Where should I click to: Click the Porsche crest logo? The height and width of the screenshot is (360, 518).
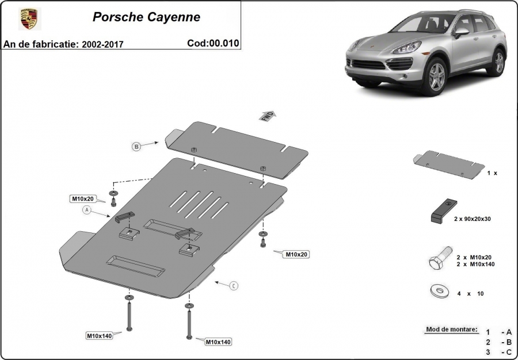coord(29,18)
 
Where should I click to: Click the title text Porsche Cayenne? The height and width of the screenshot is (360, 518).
coord(146,17)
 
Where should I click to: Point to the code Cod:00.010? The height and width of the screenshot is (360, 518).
coord(213,43)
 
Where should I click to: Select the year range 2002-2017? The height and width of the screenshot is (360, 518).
coord(102,44)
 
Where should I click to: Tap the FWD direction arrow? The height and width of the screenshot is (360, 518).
coord(268,116)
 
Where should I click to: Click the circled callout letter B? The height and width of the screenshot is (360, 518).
coord(136,147)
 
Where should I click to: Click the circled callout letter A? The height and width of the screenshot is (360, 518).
coord(87,210)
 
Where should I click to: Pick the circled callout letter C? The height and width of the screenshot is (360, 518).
coord(234,286)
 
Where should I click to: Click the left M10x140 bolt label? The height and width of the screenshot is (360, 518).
coord(100,336)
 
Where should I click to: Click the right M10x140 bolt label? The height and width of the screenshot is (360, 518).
coord(218,342)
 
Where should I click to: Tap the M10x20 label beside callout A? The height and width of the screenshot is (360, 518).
coord(83,198)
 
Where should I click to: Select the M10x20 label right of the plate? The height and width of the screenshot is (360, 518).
coord(296,254)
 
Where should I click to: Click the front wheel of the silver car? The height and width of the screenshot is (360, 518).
coord(436,76)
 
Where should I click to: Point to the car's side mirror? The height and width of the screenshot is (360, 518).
coord(461,32)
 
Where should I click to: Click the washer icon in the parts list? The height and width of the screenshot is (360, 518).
coord(439,291)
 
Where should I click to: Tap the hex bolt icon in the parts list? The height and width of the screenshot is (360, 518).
coord(441,258)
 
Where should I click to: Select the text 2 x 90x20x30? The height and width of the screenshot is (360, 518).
coord(473,219)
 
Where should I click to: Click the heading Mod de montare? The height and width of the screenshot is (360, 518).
coord(452,329)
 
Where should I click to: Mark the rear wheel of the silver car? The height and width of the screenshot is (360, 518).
coord(499,62)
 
